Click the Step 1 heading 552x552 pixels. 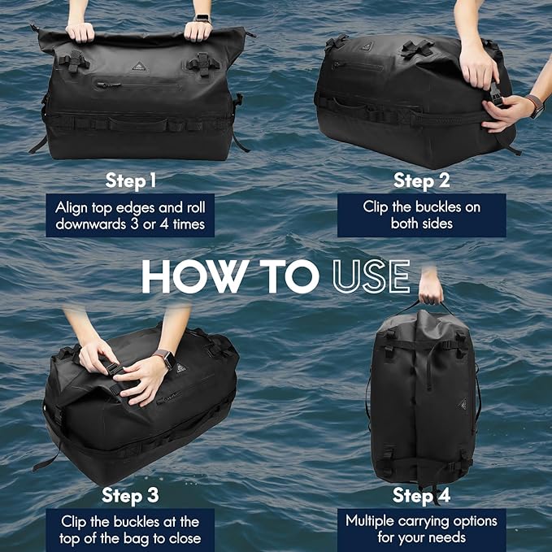131,181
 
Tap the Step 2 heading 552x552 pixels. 421,180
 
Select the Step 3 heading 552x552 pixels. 130,496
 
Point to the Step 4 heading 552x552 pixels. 421,495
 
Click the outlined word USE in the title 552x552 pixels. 372,276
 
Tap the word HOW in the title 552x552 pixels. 193,276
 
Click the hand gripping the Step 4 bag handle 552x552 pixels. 431,290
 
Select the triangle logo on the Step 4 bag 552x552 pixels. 463,405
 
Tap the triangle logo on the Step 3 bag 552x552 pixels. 181,368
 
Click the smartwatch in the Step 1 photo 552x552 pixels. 202,19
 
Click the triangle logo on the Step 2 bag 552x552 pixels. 366,46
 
